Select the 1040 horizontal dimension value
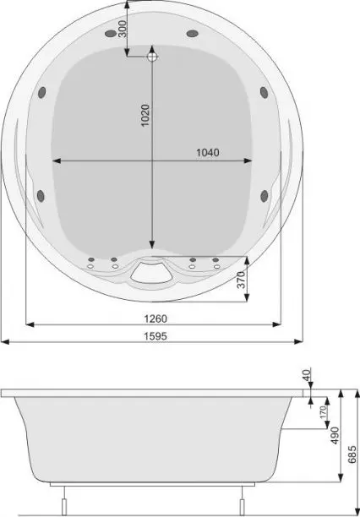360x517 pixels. [x=208, y=153]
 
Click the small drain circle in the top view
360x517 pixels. [x=153, y=58]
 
